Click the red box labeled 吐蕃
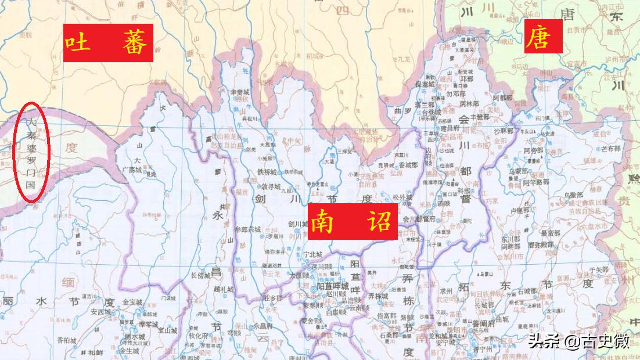coord(108,43)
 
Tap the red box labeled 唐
coord(543,36)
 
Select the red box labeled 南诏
coord(354,221)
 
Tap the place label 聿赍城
coord(239,92)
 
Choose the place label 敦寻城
coord(270,186)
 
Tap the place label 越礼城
coord(222,289)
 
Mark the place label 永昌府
coord(264,326)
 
